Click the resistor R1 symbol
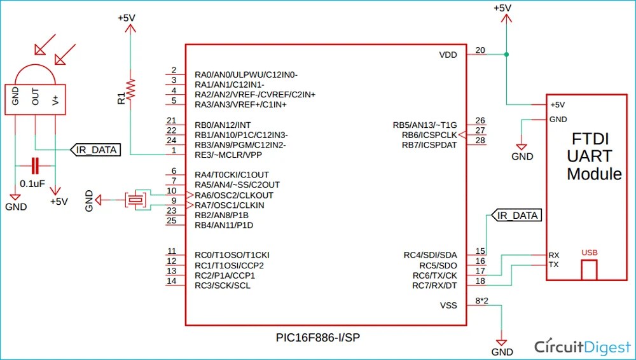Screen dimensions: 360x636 tap(130, 90)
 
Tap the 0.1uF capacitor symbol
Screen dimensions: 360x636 tap(36, 167)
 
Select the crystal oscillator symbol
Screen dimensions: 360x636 tap(135, 200)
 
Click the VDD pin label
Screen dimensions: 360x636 tap(448, 55)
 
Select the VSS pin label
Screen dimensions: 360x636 tap(448, 305)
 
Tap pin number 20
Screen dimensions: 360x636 tap(480, 50)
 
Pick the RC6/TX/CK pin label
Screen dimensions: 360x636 tap(434, 275)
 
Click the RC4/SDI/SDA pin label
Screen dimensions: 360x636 tap(431, 255)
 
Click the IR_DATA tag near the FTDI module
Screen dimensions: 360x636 tap(516, 216)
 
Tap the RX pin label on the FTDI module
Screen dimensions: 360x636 tap(554, 254)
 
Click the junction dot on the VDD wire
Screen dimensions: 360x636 tap(506, 55)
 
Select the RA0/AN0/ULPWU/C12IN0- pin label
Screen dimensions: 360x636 tap(246, 74)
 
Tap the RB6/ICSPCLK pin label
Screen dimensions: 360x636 tap(429, 135)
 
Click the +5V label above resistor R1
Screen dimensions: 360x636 tap(127, 18)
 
